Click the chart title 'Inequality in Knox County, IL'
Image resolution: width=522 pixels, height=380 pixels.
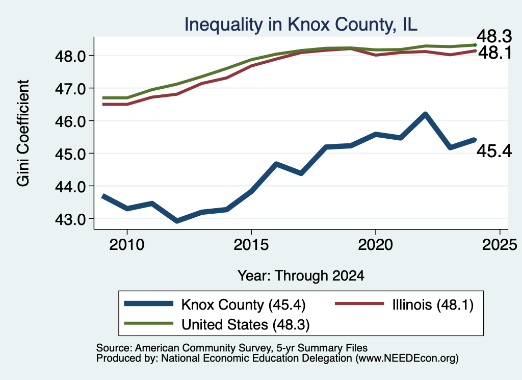click(301, 24)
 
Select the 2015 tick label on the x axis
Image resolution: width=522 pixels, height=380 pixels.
click(251, 245)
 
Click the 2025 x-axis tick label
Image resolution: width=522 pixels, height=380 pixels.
click(500, 245)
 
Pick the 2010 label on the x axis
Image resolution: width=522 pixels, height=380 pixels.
click(127, 245)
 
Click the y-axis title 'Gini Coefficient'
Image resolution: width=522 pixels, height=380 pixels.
click(23, 133)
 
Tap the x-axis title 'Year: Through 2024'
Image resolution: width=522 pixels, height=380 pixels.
click(301, 276)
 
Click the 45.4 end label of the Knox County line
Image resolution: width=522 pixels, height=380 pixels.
click(494, 151)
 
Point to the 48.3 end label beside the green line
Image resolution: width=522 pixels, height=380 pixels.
click(494, 36)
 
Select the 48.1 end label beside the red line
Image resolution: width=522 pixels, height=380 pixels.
click(495, 53)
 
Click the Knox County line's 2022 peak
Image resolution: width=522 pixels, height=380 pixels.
click(425, 114)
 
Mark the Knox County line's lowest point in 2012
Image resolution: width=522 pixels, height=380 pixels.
click(177, 221)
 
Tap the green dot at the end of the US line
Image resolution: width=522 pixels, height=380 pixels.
click(475, 45)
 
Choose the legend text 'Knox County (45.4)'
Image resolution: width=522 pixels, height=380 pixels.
click(243, 305)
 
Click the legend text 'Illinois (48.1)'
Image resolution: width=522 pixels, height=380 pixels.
click(433, 305)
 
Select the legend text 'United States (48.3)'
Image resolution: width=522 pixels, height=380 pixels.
click(245, 324)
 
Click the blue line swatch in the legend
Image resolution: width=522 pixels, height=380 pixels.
click(149, 303)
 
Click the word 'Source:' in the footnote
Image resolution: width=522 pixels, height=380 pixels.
click(115, 348)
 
